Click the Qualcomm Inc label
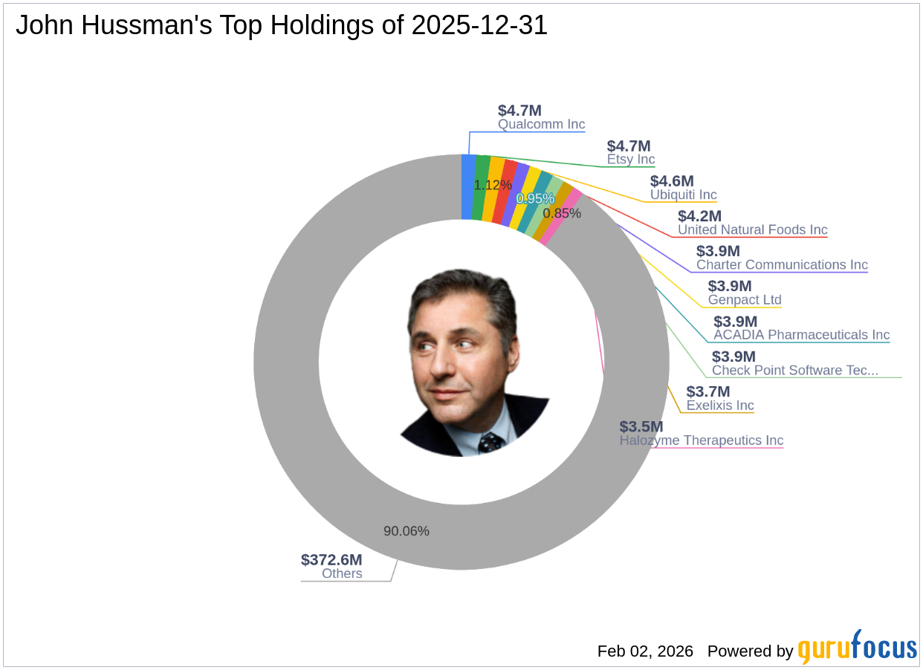tap(541, 125)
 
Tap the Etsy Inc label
tap(630, 160)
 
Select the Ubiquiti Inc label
tap(683, 195)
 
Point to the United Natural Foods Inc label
tap(752, 230)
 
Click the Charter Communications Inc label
tap(782, 265)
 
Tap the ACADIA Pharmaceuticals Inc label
tap(801, 335)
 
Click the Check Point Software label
tap(795, 371)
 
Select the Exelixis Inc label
tap(719, 406)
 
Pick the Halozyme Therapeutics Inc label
tap(701, 440)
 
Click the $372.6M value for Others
tap(331, 560)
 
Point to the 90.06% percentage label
tap(406, 531)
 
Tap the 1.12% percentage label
tap(493, 185)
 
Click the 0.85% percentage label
tap(562, 213)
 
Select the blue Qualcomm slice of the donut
tap(468, 186)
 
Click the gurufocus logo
tap(857, 648)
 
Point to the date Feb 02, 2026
tap(645, 651)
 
